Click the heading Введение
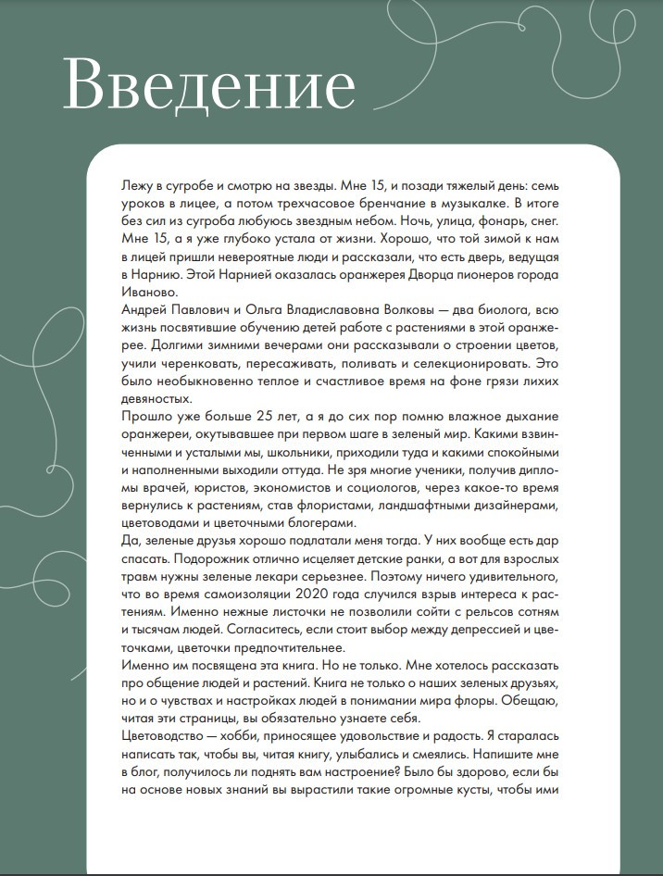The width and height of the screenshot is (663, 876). click(207, 86)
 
